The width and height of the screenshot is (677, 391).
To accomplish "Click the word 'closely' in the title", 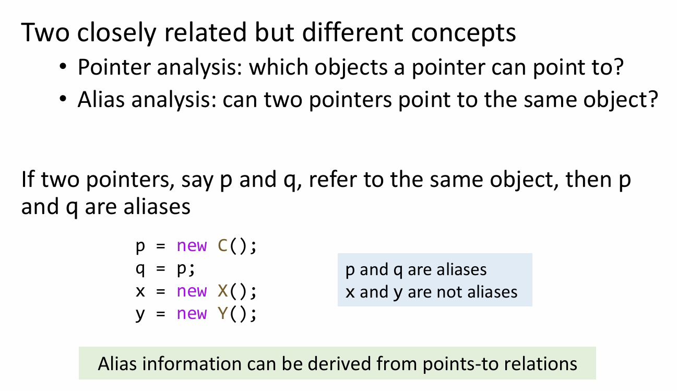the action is click(x=117, y=33).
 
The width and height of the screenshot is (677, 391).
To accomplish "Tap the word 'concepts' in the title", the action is click(x=464, y=33).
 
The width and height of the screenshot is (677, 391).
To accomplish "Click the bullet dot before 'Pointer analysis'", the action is click(x=63, y=66).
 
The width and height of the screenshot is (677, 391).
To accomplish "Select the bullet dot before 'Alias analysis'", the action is click(x=63, y=99).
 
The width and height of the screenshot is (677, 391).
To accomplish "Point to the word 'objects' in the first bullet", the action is click(x=351, y=66).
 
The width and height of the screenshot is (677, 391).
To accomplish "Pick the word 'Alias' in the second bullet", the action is click(x=101, y=99).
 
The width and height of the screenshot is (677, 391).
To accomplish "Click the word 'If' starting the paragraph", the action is click(x=28, y=179).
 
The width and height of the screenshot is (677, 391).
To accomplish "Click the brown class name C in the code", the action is click(x=222, y=245).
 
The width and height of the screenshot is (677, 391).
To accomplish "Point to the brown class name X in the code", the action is click(x=222, y=291).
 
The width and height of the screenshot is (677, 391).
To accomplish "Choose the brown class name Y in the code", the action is click(x=222, y=313).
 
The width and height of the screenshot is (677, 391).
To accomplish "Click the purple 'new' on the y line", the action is click(x=192, y=314).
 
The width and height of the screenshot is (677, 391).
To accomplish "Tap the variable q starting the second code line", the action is click(x=140, y=269).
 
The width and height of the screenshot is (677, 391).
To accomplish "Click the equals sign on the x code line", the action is click(x=161, y=291).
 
